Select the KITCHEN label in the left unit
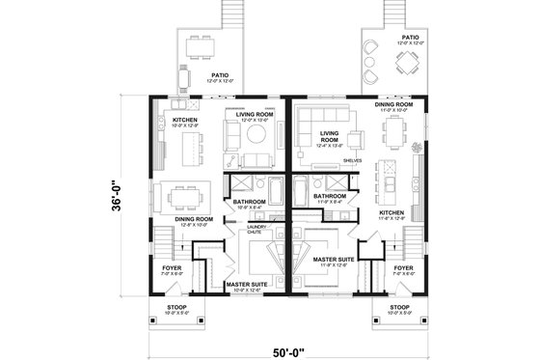click(x=185, y=120)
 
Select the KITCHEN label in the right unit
click(x=391, y=212)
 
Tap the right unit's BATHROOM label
click(x=331, y=196)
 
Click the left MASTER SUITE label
click(x=245, y=285)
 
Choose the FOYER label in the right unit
click(x=404, y=267)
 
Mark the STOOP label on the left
click(x=176, y=306)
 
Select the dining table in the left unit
click(x=181, y=194)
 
